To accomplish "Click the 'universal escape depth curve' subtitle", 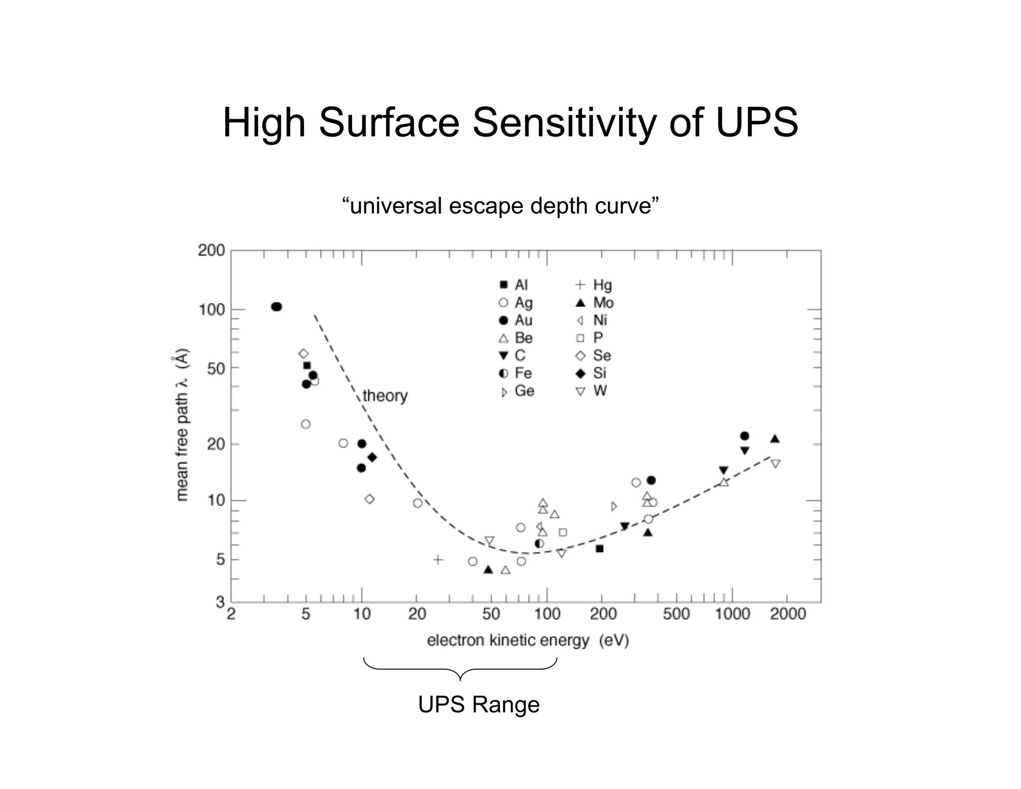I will (500, 205).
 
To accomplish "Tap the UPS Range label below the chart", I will (479, 704).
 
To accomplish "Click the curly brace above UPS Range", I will (460, 668).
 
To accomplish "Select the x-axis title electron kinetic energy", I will (527, 640).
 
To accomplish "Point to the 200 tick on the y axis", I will (211, 250).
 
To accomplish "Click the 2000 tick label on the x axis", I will (788, 613).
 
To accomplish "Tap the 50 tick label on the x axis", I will (491, 613).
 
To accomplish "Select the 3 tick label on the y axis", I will (220, 602).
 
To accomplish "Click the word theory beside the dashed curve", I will (385, 395).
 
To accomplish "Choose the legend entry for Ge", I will (516, 391).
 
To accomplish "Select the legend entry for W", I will (592, 391).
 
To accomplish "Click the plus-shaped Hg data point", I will (438, 560).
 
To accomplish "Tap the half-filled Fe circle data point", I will (539, 543).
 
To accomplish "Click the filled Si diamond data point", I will (372, 457).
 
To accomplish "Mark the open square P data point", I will (563, 532).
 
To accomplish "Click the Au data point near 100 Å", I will (276, 307).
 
